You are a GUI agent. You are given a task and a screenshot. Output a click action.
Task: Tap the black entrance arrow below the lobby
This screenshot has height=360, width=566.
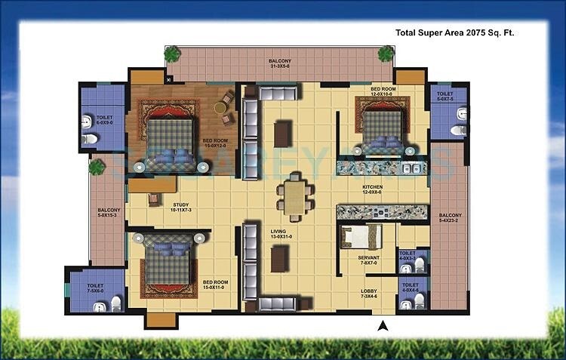point(383,326)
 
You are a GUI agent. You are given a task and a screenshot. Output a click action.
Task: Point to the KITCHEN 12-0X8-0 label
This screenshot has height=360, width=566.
point(372,189)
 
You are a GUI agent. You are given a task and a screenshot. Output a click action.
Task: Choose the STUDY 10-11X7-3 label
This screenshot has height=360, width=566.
point(180,207)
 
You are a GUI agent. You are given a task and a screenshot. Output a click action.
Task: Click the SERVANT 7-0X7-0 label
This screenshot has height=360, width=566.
point(368,260)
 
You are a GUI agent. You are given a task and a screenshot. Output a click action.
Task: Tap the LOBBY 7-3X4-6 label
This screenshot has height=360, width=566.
point(369,292)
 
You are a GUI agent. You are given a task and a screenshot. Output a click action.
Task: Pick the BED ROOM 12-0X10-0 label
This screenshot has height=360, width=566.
point(383,91)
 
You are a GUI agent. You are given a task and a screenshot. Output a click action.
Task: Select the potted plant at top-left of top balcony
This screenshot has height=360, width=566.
point(173,54)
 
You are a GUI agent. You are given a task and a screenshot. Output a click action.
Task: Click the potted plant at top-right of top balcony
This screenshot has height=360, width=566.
point(386,54)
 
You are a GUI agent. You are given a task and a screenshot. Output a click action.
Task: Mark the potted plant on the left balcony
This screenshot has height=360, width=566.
point(96,167)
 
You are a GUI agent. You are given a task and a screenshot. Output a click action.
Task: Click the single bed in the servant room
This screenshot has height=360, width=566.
point(354,237)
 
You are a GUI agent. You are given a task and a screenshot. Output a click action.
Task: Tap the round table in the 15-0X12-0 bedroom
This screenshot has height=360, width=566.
point(220,108)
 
